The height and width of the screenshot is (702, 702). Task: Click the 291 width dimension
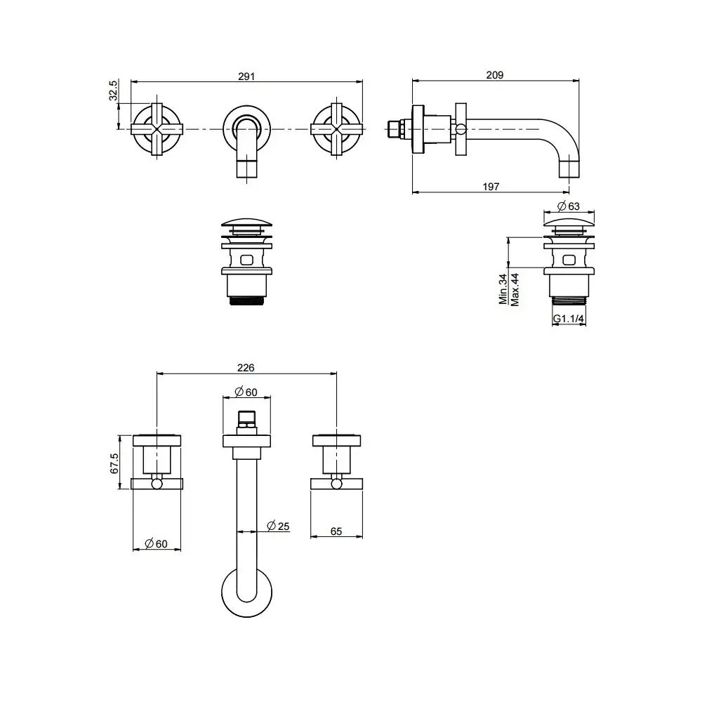click(246, 77)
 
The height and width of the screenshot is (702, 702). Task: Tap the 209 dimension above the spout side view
click(495, 75)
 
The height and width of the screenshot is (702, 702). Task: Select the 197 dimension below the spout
click(491, 187)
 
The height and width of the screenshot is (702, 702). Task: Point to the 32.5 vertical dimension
click(113, 91)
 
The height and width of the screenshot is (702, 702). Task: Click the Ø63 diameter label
click(569, 206)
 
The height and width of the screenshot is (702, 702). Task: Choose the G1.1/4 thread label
click(569, 318)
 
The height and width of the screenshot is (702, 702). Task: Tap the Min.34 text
click(503, 289)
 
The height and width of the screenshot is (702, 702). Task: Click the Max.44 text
click(515, 290)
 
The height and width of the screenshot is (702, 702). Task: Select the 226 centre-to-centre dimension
click(246, 368)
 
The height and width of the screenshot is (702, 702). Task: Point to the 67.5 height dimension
click(114, 463)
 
